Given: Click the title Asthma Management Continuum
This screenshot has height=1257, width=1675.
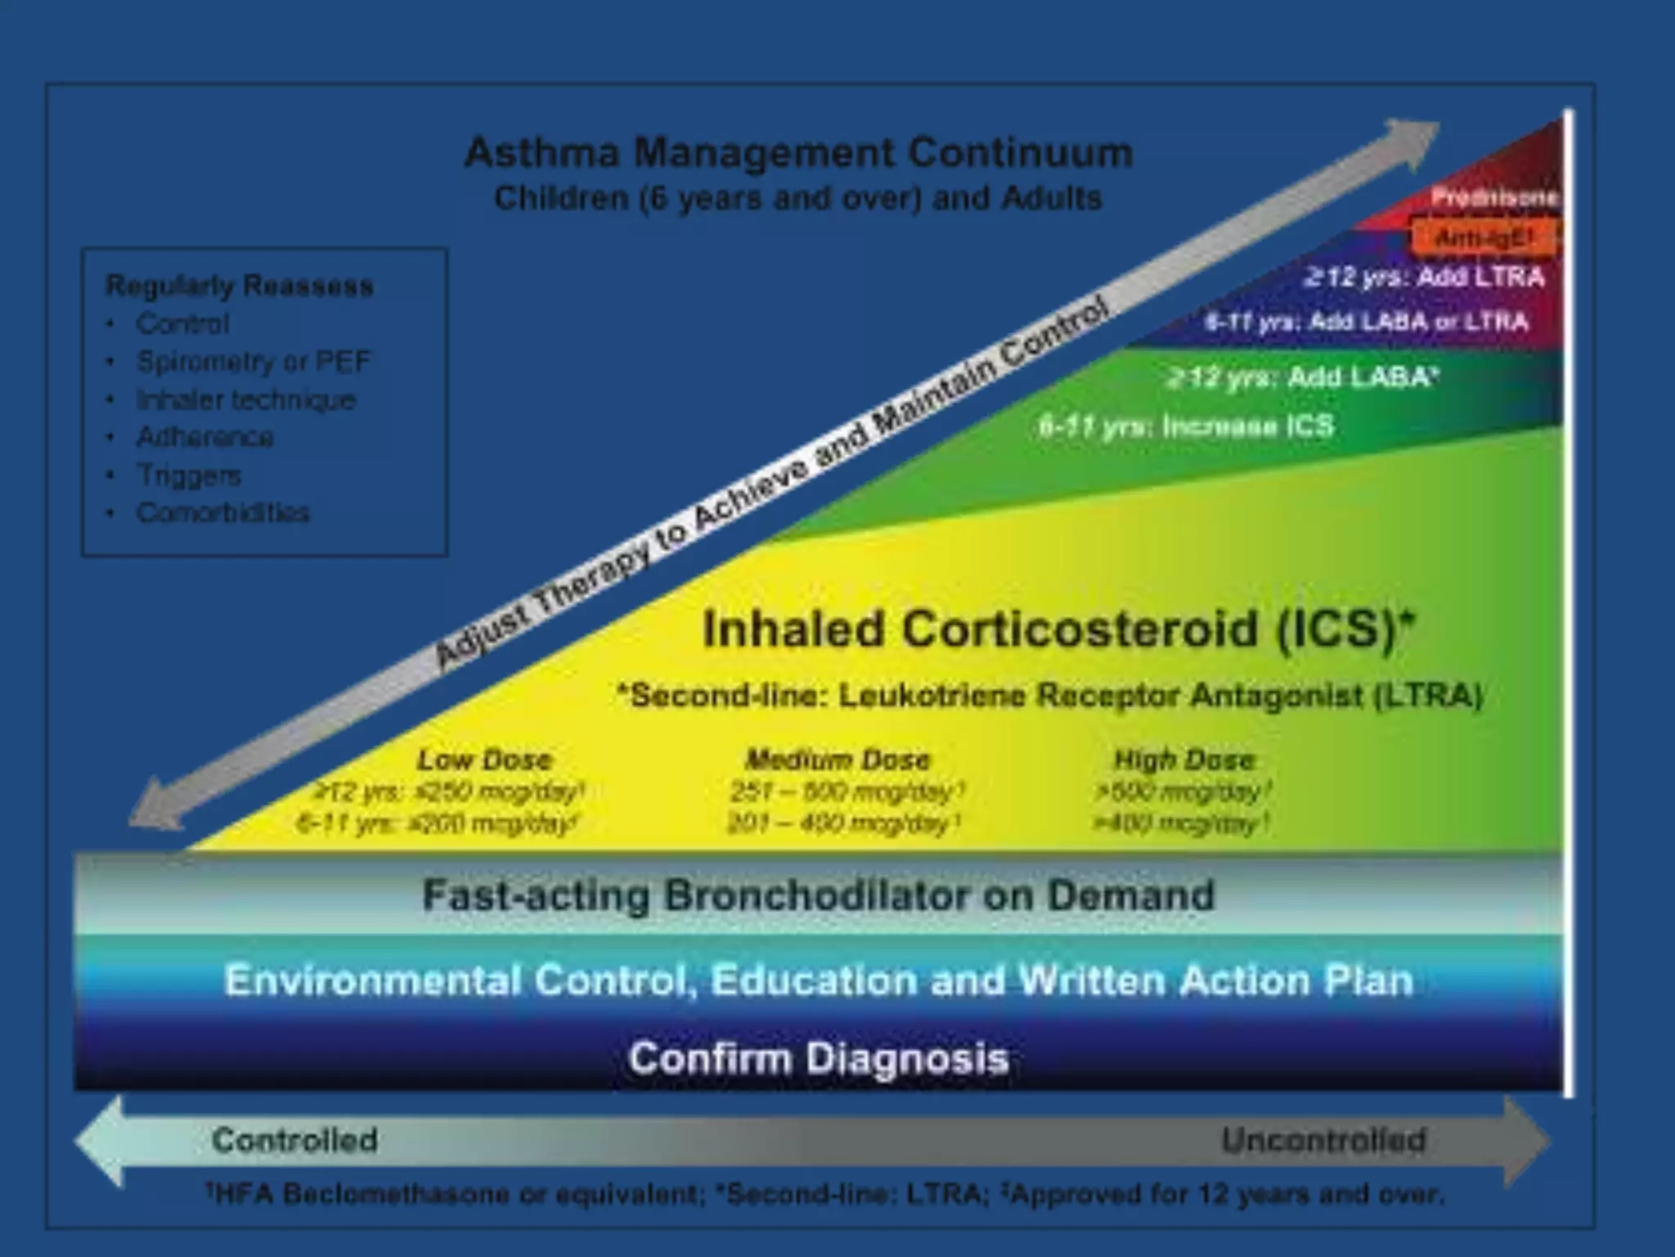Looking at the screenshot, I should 798,153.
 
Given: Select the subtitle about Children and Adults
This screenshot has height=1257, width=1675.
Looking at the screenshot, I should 798,199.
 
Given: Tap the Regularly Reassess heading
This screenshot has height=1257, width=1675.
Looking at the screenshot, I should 240,286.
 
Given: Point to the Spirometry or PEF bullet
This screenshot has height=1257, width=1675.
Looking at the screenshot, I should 253,361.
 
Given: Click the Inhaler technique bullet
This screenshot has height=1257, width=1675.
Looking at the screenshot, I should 245,399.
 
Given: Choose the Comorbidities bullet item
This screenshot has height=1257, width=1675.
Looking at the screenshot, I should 222,513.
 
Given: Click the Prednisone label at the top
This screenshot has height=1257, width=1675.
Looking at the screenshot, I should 1493,197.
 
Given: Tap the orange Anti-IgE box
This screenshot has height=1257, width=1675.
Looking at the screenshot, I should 1482,238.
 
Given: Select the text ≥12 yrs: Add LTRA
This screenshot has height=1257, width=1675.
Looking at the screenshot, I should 1424,277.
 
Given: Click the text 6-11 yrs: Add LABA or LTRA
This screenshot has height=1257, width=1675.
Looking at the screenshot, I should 1366,322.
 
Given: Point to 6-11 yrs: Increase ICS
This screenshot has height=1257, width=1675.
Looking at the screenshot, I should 1186,426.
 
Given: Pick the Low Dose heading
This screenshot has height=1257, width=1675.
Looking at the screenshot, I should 484,759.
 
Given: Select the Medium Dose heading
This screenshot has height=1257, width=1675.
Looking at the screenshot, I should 837,759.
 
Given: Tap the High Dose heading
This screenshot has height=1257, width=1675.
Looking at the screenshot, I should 1183,759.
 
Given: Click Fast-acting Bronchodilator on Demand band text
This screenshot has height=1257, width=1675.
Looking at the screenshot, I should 818,895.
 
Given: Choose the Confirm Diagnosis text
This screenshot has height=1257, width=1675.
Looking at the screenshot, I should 818,1058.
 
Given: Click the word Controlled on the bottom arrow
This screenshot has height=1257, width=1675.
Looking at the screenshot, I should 294,1140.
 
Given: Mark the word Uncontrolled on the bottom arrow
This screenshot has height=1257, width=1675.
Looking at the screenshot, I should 1323,1140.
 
